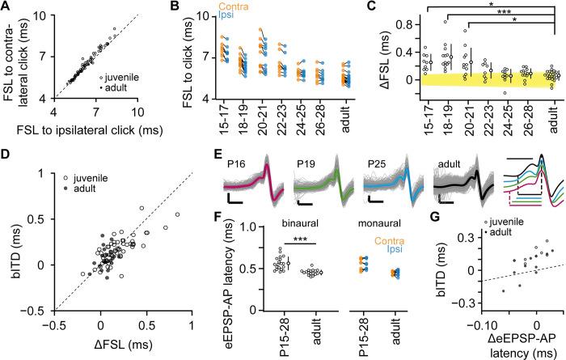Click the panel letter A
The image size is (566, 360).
(x=6, y=7)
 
